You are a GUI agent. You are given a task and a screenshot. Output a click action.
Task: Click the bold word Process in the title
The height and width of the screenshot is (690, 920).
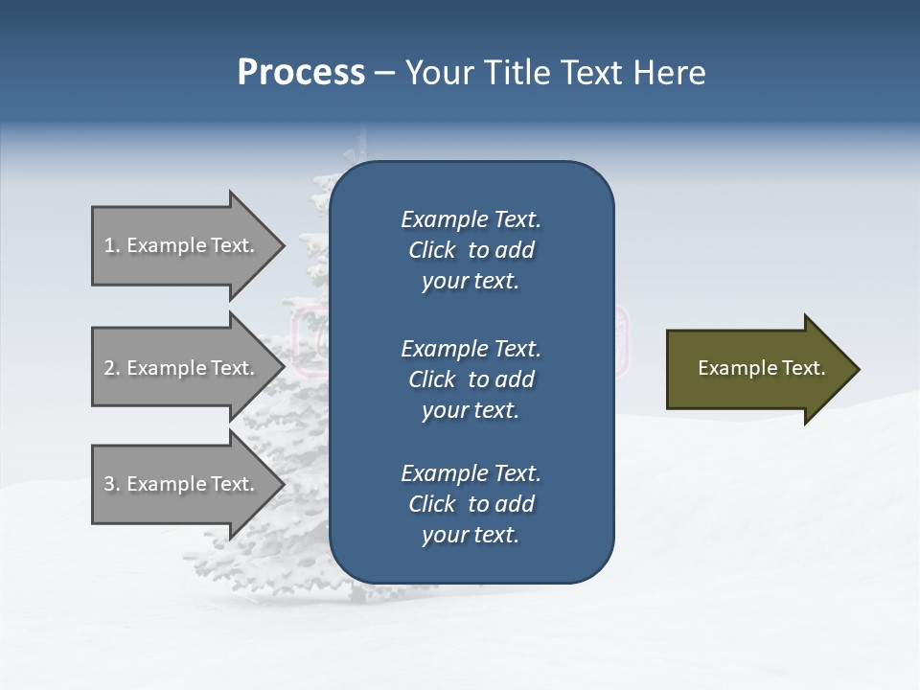(x=301, y=73)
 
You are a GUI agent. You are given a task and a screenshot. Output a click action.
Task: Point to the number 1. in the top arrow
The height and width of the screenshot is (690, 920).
(x=112, y=245)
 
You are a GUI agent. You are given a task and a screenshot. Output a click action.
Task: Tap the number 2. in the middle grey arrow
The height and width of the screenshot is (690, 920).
(x=112, y=368)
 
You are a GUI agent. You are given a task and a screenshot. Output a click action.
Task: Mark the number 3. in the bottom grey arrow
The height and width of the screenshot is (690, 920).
(x=112, y=484)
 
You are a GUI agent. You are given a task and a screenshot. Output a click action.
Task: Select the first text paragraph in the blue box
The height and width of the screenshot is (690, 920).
(x=471, y=250)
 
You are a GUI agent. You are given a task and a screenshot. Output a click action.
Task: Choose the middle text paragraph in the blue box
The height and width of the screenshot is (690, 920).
(x=471, y=379)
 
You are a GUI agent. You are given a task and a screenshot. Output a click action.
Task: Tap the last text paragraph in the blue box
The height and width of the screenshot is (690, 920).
(x=471, y=504)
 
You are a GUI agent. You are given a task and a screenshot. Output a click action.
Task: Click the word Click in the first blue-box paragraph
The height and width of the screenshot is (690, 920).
(x=432, y=250)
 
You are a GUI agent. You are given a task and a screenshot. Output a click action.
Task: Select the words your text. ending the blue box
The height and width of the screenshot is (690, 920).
(x=471, y=536)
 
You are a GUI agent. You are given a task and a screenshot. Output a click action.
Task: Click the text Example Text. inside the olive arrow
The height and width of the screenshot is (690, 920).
(x=761, y=368)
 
